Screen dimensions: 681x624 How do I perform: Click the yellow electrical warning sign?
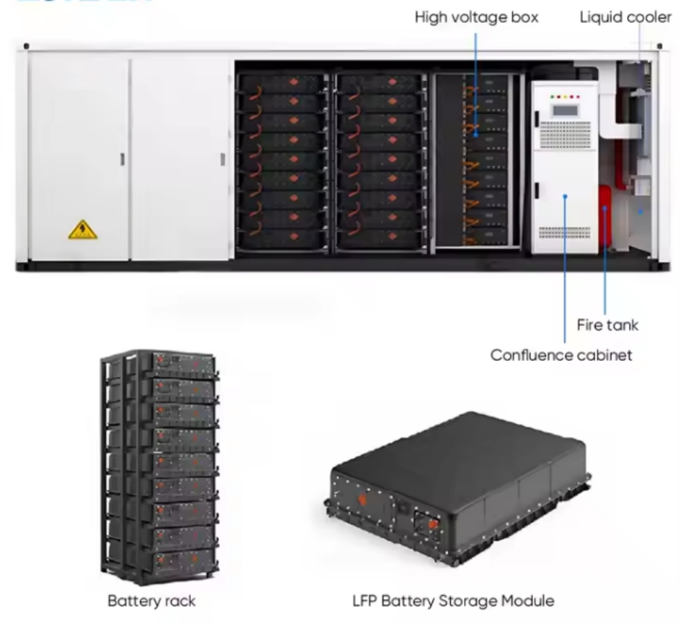(x=83, y=230)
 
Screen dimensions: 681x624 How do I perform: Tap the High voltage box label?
(x=477, y=17)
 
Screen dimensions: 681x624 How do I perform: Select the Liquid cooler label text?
(x=625, y=17)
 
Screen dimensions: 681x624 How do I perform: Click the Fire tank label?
(x=607, y=325)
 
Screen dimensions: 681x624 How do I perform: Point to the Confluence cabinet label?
(x=561, y=355)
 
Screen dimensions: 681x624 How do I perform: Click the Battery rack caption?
(x=152, y=600)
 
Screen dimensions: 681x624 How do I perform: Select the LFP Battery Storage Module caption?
(x=453, y=600)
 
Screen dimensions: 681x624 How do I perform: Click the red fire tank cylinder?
(x=605, y=215)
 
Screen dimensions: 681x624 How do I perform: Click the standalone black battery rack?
(x=159, y=467)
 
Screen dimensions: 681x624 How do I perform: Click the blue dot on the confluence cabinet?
(x=565, y=196)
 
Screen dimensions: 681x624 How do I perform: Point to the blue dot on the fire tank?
(x=605, y=210)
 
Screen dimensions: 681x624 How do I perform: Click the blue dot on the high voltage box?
(x=475, y=136)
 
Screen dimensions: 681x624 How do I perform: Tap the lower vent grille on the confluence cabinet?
(x=565, y=232)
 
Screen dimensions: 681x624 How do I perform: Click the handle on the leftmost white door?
(x=123, y=159)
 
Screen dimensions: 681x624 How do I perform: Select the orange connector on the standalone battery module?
(x=433, y=524)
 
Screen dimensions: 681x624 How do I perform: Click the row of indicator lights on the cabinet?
(x=566, y=96)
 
